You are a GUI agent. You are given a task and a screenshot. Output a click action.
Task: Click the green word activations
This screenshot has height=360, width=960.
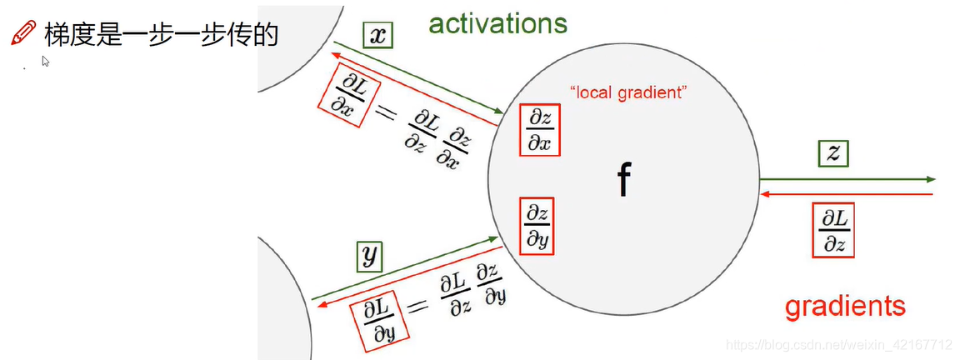(497, 22)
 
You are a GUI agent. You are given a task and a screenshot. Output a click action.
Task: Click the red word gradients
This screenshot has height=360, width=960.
(845, 306)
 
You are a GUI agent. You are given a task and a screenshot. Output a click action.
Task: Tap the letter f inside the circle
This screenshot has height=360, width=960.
(622, 180)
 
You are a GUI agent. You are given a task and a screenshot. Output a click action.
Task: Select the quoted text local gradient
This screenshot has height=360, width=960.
(628, 92)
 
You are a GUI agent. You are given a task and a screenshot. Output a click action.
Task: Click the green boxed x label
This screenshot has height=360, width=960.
(377, 34)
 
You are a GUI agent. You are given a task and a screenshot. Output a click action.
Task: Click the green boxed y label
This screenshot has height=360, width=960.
(369, 257)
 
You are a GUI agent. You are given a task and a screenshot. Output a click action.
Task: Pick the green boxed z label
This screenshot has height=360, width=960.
(832, 152)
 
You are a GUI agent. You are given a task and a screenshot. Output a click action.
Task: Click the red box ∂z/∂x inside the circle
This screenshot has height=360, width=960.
(539, 131)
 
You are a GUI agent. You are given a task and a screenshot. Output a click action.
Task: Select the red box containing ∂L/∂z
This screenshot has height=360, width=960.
(832, 230)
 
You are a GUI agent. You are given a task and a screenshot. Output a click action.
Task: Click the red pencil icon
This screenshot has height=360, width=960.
(22, 33)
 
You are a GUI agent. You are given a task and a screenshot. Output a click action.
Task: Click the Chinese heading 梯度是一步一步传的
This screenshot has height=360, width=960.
(161, 34)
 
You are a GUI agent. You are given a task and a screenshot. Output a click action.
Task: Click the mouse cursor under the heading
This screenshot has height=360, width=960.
(46, 61)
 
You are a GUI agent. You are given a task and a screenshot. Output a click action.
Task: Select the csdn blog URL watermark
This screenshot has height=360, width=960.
(838, 344)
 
